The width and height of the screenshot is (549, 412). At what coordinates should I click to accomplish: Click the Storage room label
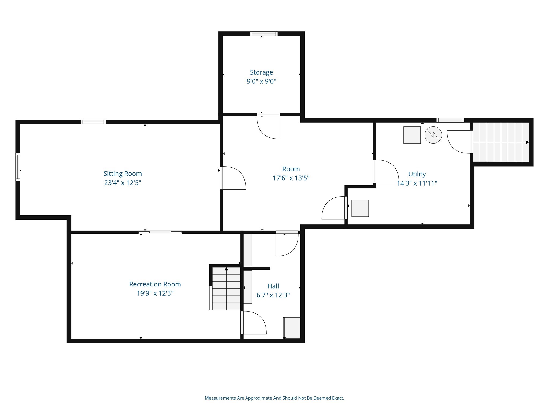coord(261,72)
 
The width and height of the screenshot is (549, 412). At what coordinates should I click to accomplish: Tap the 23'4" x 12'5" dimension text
coord(123,183)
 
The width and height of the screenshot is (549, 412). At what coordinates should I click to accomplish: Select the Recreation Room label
coord(155,284)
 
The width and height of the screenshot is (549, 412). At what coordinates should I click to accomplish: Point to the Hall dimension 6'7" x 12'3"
coord(273,295)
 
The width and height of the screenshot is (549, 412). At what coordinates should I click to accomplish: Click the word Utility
coord(417,174)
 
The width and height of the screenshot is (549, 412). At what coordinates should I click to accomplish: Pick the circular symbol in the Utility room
coord(433,135)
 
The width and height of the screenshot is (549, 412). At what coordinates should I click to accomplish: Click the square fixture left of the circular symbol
coord(412,135)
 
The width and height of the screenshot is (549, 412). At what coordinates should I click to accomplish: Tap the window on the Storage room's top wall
coord(264,34)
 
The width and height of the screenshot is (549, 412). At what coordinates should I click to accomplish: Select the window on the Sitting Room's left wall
coord(18,167)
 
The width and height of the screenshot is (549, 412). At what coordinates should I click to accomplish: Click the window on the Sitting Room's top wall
coord(93,122)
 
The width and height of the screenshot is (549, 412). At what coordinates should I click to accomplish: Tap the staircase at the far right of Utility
coord(501,142)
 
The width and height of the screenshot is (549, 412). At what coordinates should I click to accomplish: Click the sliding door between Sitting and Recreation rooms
coord(160,232)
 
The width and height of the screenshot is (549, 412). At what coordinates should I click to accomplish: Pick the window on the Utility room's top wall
coord(450,120)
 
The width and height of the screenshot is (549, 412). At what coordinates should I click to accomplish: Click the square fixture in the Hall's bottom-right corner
coord(292,328)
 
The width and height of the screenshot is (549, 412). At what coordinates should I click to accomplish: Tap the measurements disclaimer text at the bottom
coord(274,398)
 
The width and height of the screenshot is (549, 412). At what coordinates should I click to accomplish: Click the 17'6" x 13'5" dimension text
coord(291,178)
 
